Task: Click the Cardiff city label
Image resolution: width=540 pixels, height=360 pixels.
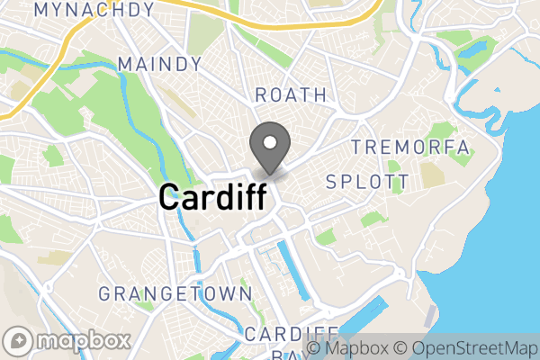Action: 212,196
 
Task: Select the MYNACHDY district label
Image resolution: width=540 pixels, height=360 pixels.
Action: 93,10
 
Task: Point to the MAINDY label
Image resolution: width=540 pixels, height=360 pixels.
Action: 159,65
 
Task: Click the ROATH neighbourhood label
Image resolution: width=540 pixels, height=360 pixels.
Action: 291,95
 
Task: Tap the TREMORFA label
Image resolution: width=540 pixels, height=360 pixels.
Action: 410,147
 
